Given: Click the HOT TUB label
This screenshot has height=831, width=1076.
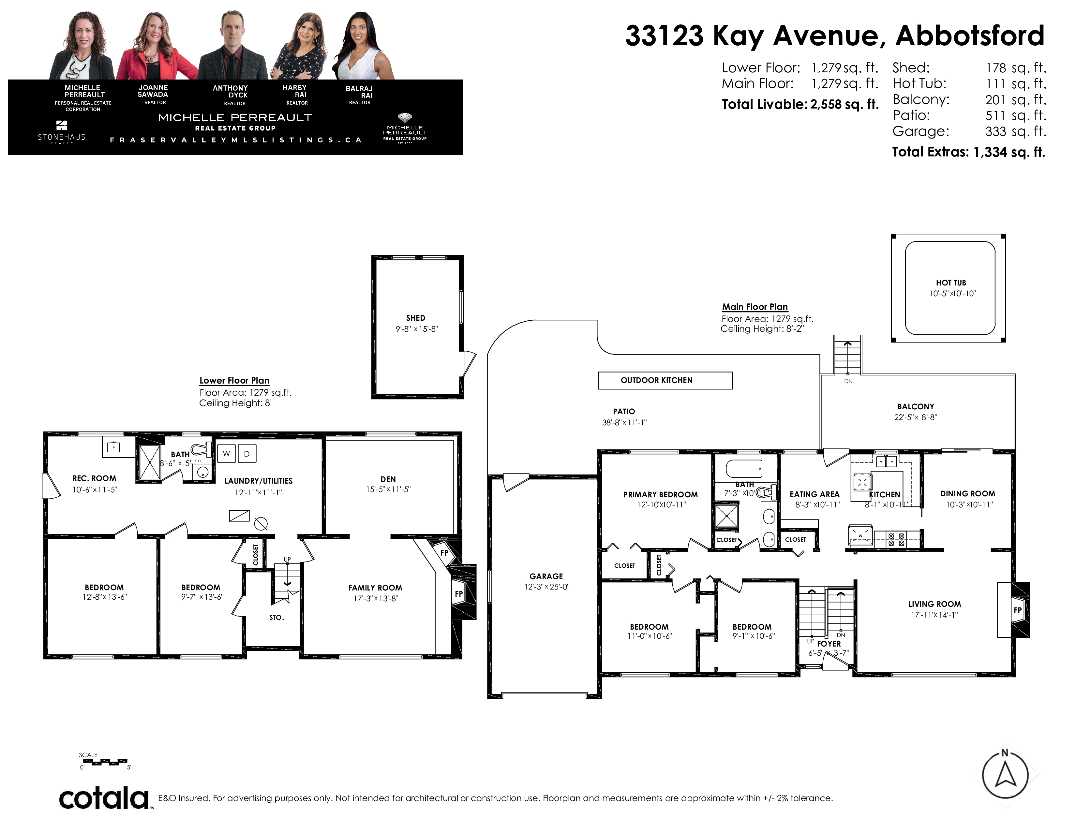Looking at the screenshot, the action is (x=951, y=283).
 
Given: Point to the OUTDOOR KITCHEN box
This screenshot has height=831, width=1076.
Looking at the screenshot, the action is (x=665, y=380).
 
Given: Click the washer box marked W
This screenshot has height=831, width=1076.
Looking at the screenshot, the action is (x=226, y=453).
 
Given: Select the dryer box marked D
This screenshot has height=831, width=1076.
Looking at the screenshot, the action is (x=247, y=453).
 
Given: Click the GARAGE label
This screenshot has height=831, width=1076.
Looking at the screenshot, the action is (x=546, y=576).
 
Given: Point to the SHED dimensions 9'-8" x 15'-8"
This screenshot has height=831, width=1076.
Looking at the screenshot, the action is (x=416, y=329).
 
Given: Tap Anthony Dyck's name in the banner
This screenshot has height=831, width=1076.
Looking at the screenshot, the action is (x=231, y=92).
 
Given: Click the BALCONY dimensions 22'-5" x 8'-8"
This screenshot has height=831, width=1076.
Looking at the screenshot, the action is (x=915, y=417).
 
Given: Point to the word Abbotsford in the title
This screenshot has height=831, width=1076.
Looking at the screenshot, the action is (x=970, y=36).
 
